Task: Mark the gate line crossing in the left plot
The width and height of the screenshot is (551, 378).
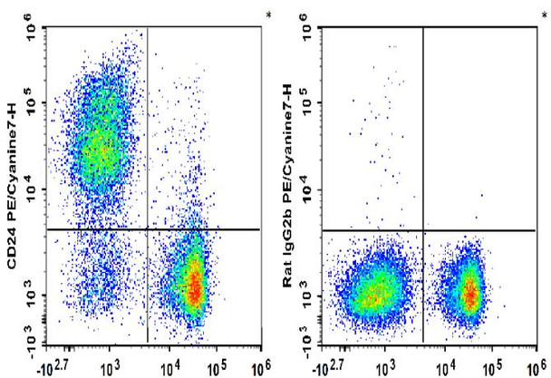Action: (x=148, y=229)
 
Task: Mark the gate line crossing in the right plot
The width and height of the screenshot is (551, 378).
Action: (x=423, y=229)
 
